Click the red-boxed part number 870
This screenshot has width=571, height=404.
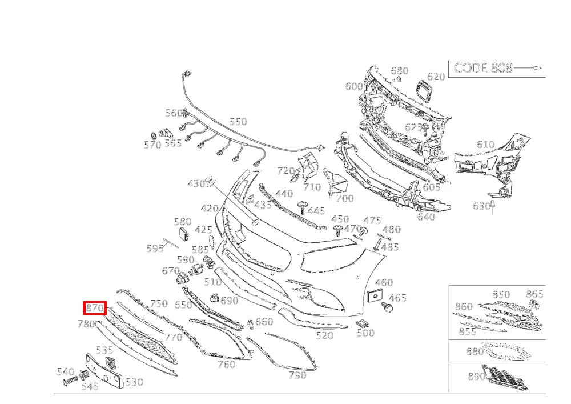(95, 308)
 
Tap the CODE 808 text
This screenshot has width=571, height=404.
(483, 68)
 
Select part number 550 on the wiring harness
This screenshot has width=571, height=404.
(238, 121)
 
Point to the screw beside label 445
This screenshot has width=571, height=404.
(302, 207)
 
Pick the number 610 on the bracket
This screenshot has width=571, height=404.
(485, 145)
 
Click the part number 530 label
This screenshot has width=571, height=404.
(134, 382)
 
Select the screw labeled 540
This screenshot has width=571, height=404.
(70, 381)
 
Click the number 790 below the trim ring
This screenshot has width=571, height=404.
(297, 375)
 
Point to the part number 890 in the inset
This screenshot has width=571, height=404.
(477, 377)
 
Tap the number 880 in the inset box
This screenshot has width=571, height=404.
(475, 351)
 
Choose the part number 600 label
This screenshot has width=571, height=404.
(355, 86)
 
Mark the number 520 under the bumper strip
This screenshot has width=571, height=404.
(324, 335)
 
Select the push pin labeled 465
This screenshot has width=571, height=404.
(387, 307)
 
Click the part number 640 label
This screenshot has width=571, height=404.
(426, 217)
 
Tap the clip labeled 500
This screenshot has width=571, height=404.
(362, 322)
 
